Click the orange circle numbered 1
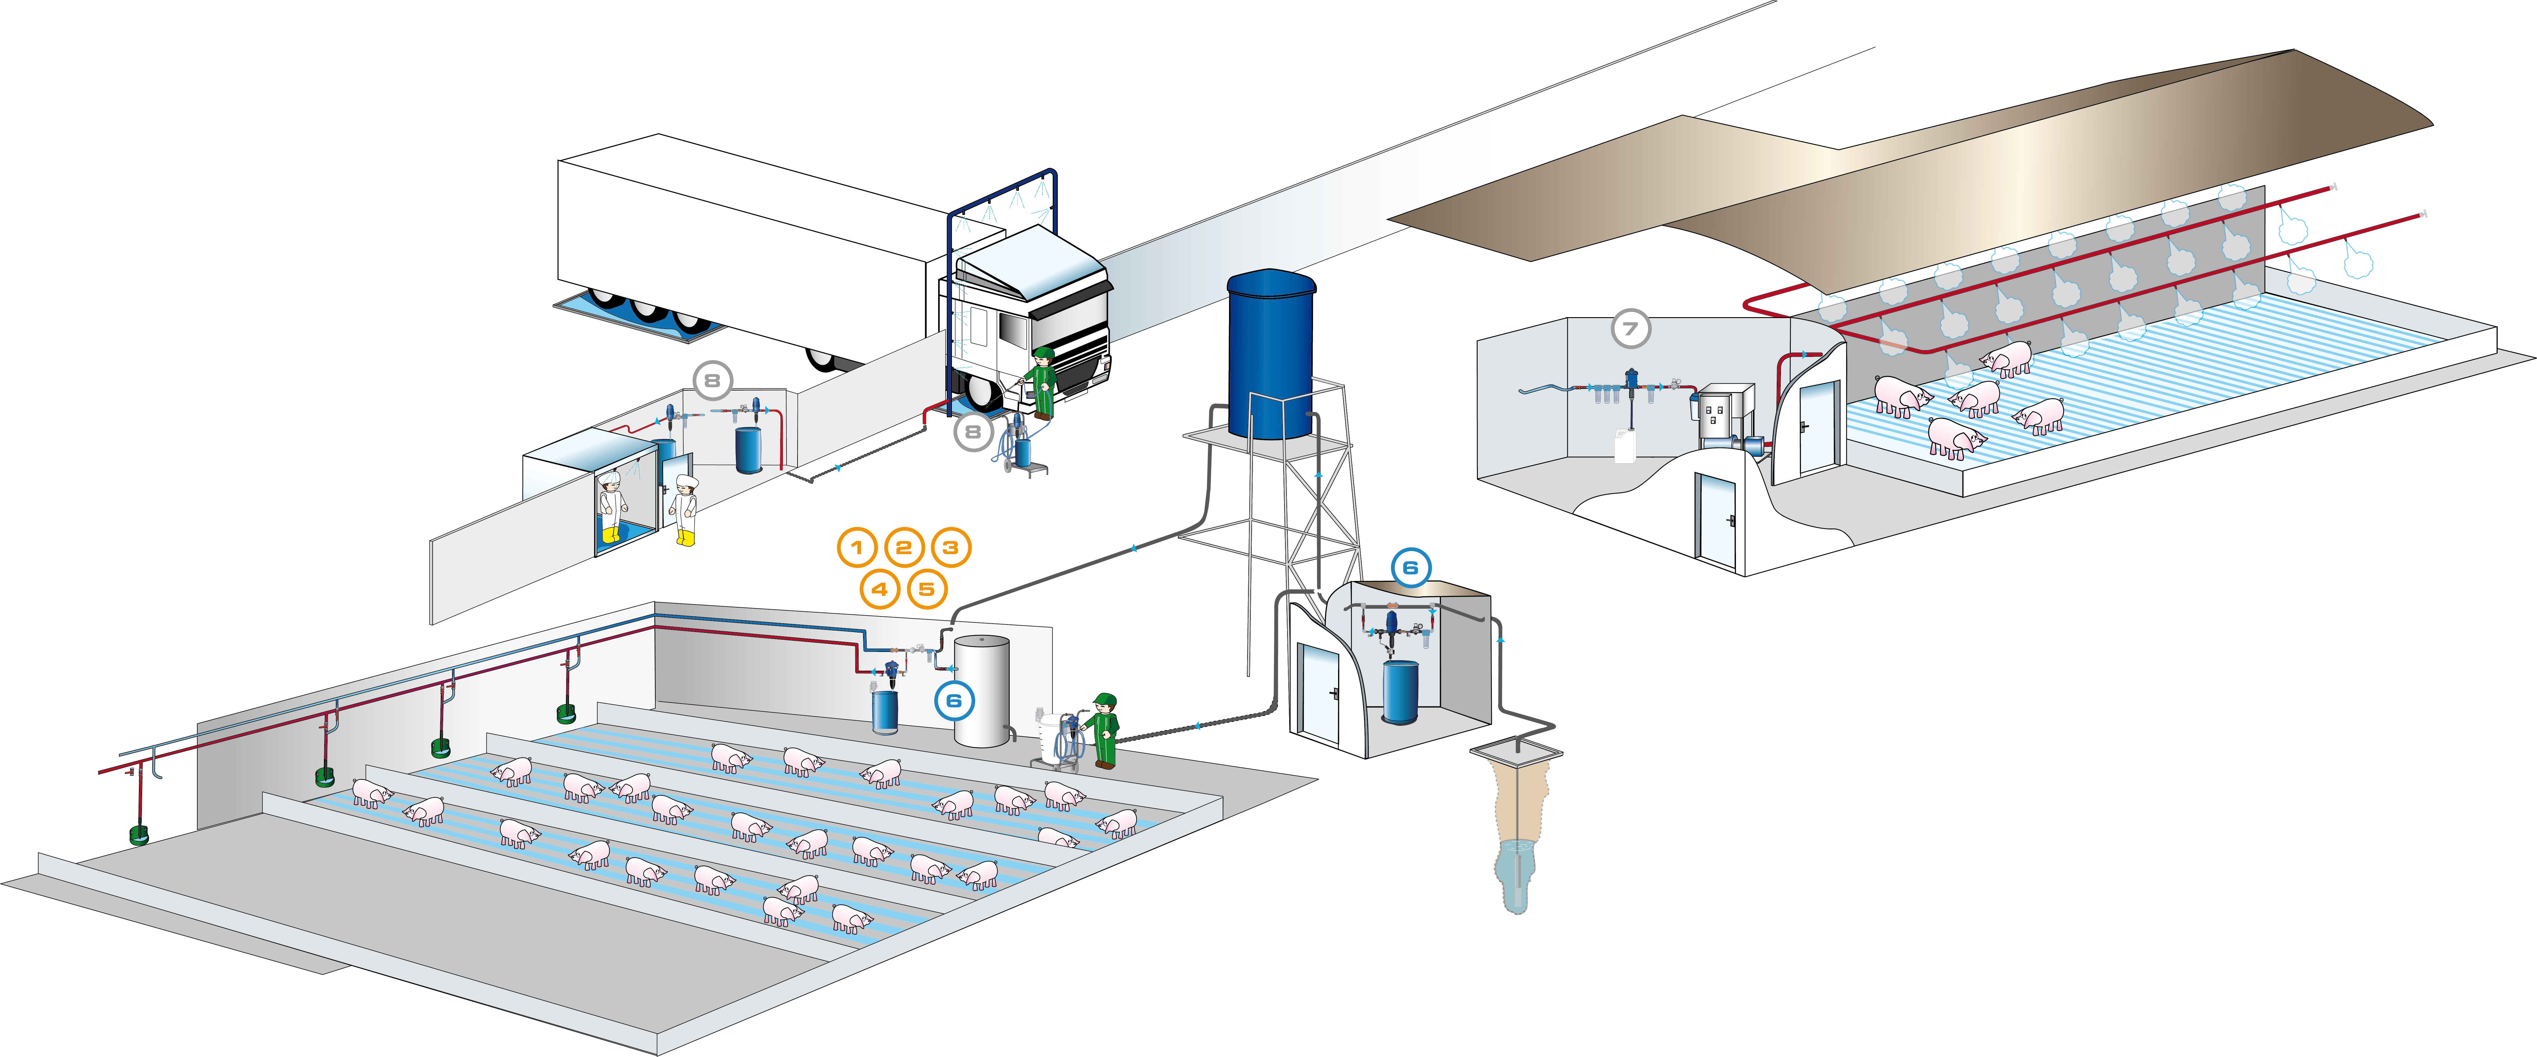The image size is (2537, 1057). point(857,548)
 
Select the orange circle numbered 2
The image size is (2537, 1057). point(903,548)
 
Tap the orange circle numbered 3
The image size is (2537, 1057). point(950,548)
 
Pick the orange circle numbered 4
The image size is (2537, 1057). point(879,590)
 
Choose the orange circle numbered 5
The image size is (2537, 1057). point(926,590)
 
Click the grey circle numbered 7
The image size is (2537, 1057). point(1630,329)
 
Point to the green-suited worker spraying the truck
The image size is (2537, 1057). point(1042,382)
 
